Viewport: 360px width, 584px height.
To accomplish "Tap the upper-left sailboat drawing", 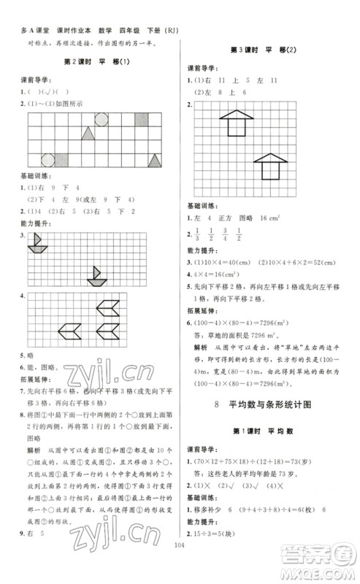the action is point(37,245).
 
